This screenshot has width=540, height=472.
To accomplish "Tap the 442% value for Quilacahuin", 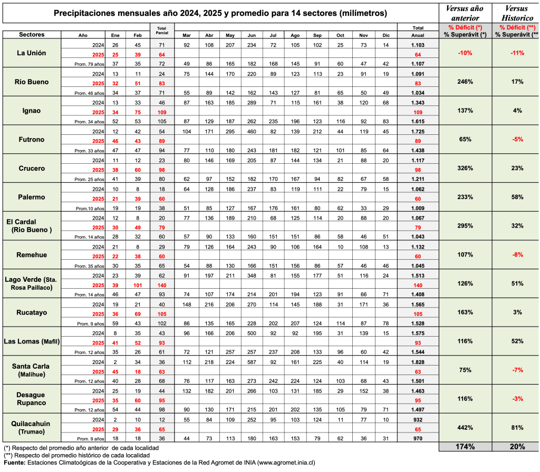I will (465, 427).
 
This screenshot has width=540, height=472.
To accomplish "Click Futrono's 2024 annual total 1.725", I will (418, 131).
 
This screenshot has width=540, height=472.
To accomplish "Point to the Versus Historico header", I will (516, 13).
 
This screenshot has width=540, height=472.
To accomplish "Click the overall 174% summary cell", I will (465, 447).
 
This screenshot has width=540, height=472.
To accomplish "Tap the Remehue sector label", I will (31, 254).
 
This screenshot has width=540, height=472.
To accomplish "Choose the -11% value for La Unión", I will (516, 53).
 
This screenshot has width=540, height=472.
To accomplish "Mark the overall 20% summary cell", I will (516, 447).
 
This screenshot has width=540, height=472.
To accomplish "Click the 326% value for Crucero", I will (465, 168).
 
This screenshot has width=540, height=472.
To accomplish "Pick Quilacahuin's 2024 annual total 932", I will (418, 419).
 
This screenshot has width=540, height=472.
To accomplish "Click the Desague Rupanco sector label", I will (31, 399).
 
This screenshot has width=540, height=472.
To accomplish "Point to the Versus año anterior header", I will (465, 13).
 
